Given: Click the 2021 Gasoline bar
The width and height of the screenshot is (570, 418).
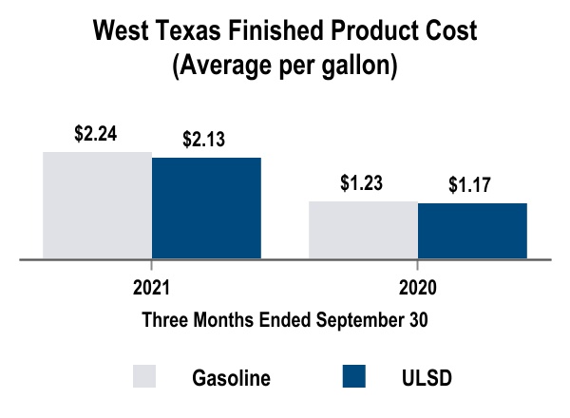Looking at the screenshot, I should coord(97,204).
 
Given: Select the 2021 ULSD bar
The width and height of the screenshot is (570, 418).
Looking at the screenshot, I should coord(206,207).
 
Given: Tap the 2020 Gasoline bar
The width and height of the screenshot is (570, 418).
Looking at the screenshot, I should coord(363,229).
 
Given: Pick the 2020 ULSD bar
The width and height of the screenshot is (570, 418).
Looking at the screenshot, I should coord(472,230).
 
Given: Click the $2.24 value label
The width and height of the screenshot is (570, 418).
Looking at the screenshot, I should coord(96,135).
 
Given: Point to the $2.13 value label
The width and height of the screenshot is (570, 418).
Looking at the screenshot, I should coord(205,141).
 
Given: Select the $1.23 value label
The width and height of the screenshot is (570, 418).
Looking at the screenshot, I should coord(362,183).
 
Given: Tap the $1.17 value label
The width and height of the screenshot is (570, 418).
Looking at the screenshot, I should coord(470,185).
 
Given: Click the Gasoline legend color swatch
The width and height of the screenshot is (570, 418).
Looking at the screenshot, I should coord(144,376).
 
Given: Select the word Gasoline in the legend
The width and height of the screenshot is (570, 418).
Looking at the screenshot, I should coord(231,377).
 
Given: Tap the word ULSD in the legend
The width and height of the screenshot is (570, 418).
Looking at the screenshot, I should coord(421,377).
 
